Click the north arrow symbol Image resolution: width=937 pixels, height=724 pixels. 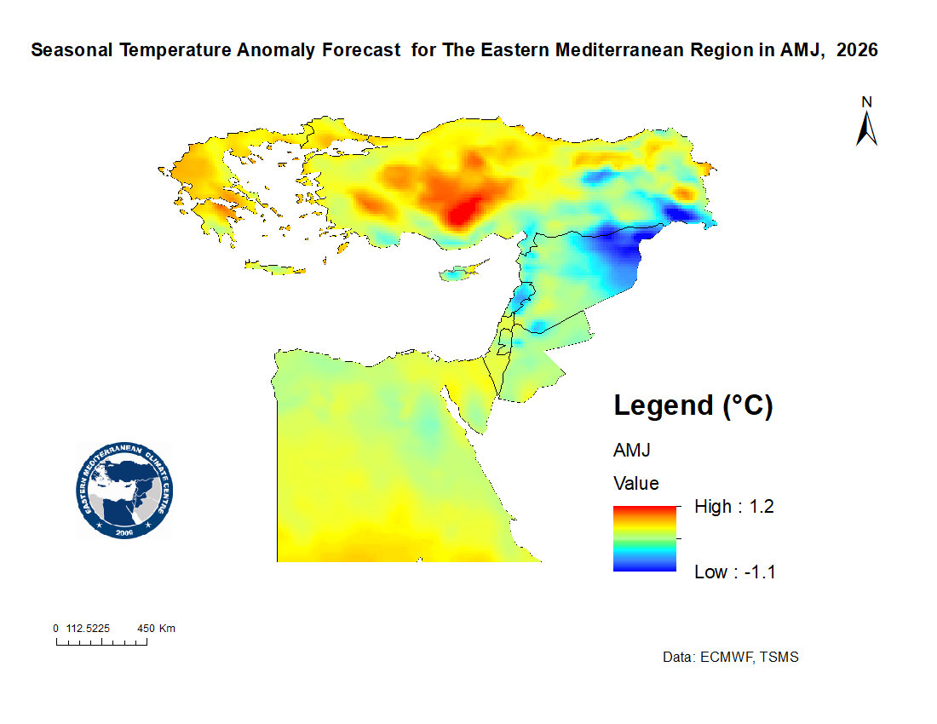point(866,129)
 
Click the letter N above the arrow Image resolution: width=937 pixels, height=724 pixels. point(866,102)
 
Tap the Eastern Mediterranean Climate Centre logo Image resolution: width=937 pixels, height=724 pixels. point(124,491)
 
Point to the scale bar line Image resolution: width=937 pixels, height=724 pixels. point(101,642)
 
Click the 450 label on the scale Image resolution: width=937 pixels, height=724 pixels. point(146,629)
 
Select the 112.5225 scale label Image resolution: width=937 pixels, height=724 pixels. point(88,629)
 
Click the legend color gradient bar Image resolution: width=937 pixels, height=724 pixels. point(644,539)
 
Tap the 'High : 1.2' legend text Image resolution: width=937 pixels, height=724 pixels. point(733,507)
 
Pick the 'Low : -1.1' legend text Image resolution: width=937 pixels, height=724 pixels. point(735,572)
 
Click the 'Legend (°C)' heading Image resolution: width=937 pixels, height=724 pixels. point(693,405)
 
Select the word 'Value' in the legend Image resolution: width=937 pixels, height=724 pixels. point(635,483)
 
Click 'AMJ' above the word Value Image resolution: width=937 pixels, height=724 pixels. point(632,450)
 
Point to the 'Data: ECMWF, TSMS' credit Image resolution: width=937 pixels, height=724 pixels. point(730,657)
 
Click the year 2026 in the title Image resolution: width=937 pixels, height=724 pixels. point(857,49)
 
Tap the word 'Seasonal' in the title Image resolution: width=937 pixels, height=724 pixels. point(72,49)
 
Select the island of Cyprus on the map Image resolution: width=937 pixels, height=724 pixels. point(463,271)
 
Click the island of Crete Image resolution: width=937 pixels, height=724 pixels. point(275,267)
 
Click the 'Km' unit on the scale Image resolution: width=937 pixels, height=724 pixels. point(167,629)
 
